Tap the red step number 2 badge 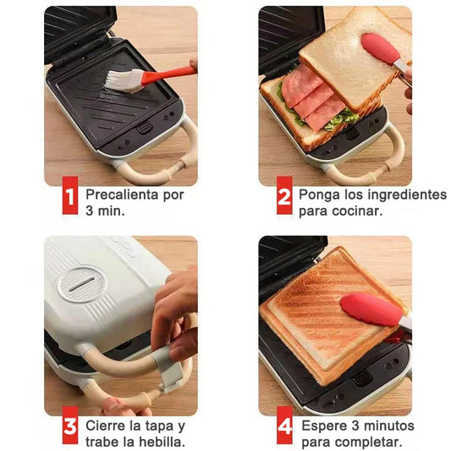click(x=284, y=201)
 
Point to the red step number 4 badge click(x=284, y=432)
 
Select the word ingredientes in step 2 click(x=408, y=195)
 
